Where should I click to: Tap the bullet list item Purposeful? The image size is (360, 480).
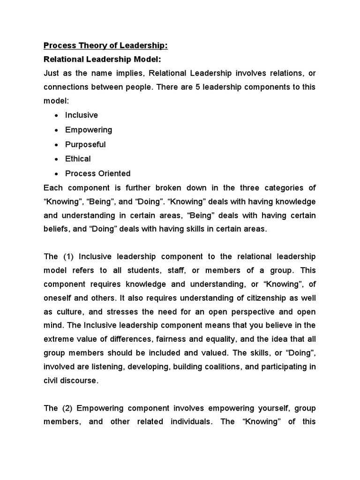click(x=85, y=144)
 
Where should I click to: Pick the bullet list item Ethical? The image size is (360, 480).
click(x=78, y=159)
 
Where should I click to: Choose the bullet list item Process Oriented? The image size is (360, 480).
click(x=97, y=173)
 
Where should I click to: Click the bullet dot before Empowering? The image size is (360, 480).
click(x=56, y=130)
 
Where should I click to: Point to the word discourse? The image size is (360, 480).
click(x=81, y=381)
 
